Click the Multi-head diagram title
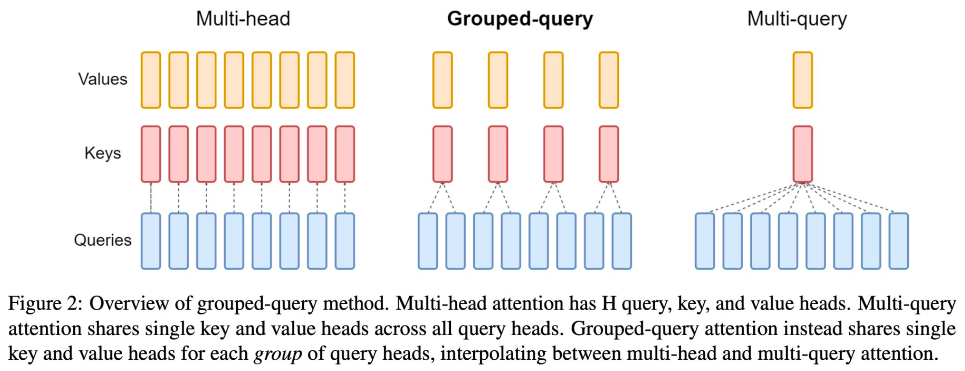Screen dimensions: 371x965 (243, 19)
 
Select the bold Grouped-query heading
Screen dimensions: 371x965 (520, 19)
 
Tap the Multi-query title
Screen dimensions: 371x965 (797, 19)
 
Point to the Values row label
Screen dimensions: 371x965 (103, 79)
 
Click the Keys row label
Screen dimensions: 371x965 (103, 153)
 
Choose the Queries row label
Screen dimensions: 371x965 (103, 240)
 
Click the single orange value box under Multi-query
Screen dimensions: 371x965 (802, 80)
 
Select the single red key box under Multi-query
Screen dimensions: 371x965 (802, 154)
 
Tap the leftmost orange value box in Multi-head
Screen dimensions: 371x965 (151, 80)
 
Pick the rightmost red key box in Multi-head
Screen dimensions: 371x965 (345, 154)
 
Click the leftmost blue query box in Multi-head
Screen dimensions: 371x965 (151, 241)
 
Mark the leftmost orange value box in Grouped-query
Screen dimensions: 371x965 (442, 80)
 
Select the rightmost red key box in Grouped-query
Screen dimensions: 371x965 (609, 154)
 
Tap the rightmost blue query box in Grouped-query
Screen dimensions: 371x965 (622, 241)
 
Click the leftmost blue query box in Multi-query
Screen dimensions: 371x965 (705, 241)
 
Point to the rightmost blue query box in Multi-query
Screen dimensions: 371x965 (899, 241)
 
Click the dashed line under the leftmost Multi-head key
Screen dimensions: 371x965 (151, 198)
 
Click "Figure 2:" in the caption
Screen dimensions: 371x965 (45, 304)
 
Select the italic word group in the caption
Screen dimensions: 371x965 (278, 354)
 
